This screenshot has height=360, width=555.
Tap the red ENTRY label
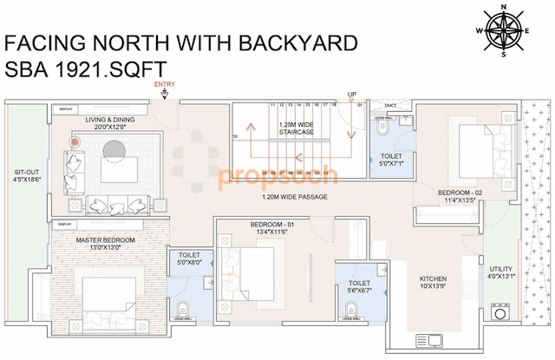pyautogui.click(x=163, y=84)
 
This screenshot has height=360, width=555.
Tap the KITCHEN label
pyautogui.click(x=433, y=283)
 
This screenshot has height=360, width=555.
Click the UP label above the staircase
pyautogui.click(x=351, y=94)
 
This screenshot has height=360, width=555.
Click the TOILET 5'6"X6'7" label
pyautogui.click(x=359, y=286)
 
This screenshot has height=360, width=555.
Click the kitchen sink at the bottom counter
pyautogui.click(x=429, y=338)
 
